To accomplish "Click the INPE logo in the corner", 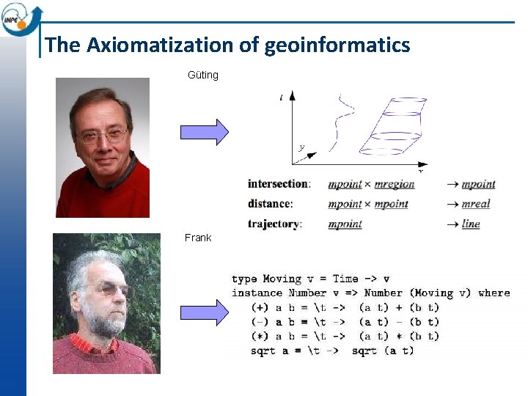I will click(20, 18).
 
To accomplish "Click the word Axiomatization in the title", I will click(159, 45).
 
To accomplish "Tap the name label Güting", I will click(203, 75).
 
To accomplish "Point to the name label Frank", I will click(198, 238).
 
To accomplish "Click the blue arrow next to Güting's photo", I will click(205, 132).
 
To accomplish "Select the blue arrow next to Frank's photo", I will click(205, 312).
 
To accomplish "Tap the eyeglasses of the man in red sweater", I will click(103, 136).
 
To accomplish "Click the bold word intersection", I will click(279, 184).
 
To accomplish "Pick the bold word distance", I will click(270, 204).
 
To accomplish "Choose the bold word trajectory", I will click(274, 224).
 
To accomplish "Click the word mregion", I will click(395, 184).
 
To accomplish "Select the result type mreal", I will click(475, 204).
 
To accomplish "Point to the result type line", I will click(471, 224).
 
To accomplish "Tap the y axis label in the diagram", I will click(301, 147).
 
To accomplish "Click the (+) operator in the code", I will click(260, 307).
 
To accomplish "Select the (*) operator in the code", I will click(260, 336).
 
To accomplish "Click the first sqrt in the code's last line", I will click(263, 351).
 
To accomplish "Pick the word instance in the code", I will click(257, 293).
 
